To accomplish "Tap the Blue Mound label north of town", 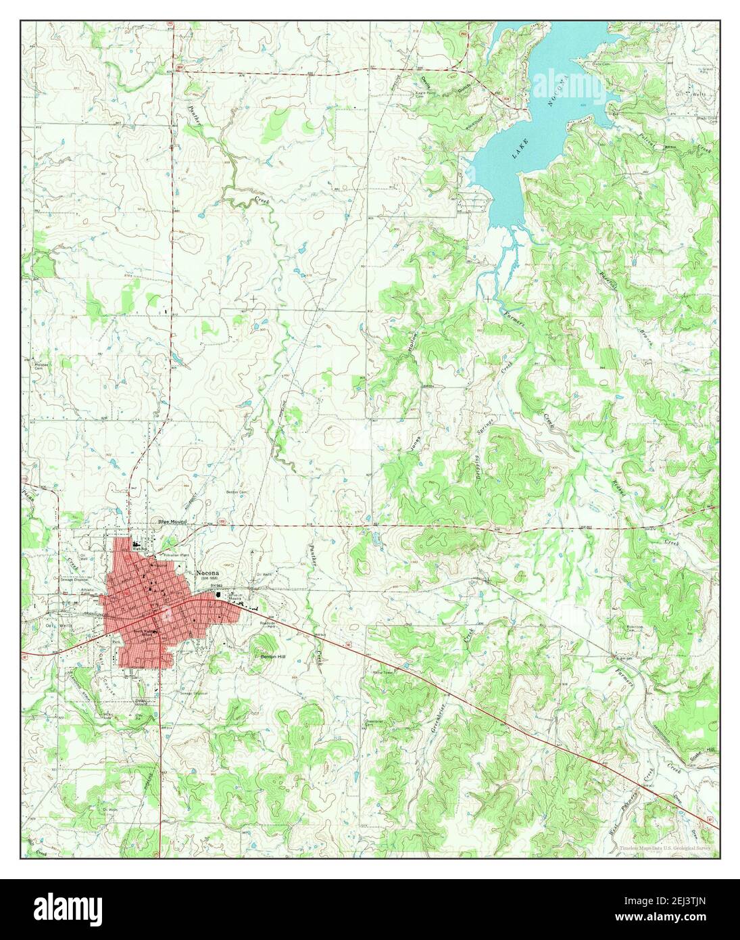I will (x=172, y=522).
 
